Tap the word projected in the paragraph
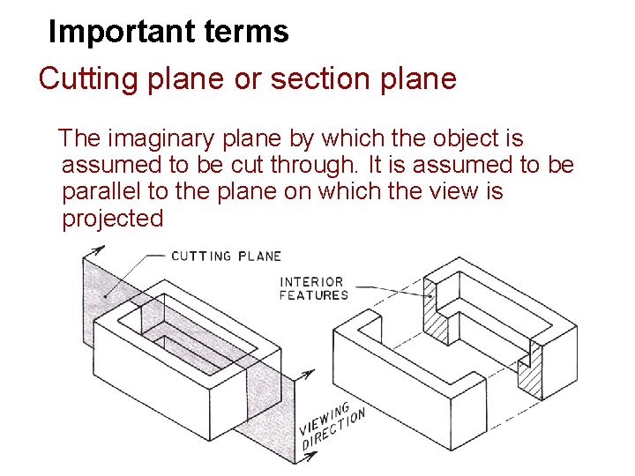tap(113, 219)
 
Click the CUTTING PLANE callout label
tap(226, 256)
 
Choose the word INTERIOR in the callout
tap(310, 282)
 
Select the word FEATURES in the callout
tap(314, 295)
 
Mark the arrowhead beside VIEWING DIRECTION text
tap(306, 375)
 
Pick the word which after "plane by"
tap(347, 138)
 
